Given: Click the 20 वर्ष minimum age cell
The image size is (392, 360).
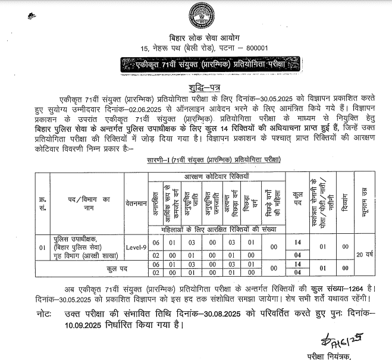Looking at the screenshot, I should [363, 255].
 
